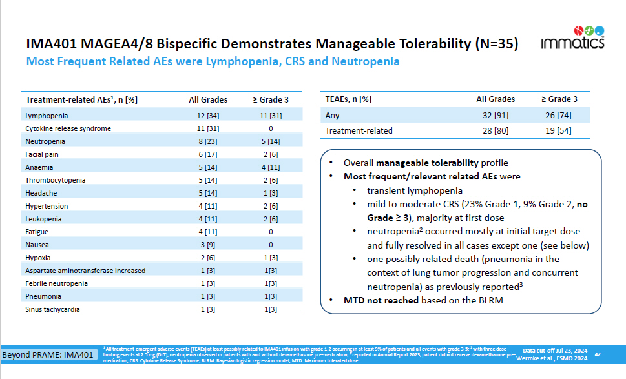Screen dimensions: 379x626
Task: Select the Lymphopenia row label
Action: click(x=47, y=116)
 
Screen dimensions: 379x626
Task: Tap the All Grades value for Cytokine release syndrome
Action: click(x=208, y=128)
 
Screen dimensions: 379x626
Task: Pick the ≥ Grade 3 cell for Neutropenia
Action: click(x=270, y=141)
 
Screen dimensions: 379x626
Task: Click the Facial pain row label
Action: click(x=44, y=154)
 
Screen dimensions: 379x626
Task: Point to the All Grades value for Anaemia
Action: click(x=208, y=167)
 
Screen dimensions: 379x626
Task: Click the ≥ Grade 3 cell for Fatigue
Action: click(x=270, y=232)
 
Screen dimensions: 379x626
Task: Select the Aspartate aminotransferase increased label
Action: click(x=85, y=271)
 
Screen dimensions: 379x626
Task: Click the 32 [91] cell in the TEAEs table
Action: click(x=496, y=116)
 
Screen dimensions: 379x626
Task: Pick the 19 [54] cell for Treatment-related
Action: click(x=559, y=131)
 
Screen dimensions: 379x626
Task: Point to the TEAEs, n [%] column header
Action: click(x=348, y=99)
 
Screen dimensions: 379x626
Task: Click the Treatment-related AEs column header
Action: click(x=81, y=99)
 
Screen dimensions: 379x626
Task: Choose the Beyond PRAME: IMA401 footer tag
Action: click(x=47, y=355)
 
